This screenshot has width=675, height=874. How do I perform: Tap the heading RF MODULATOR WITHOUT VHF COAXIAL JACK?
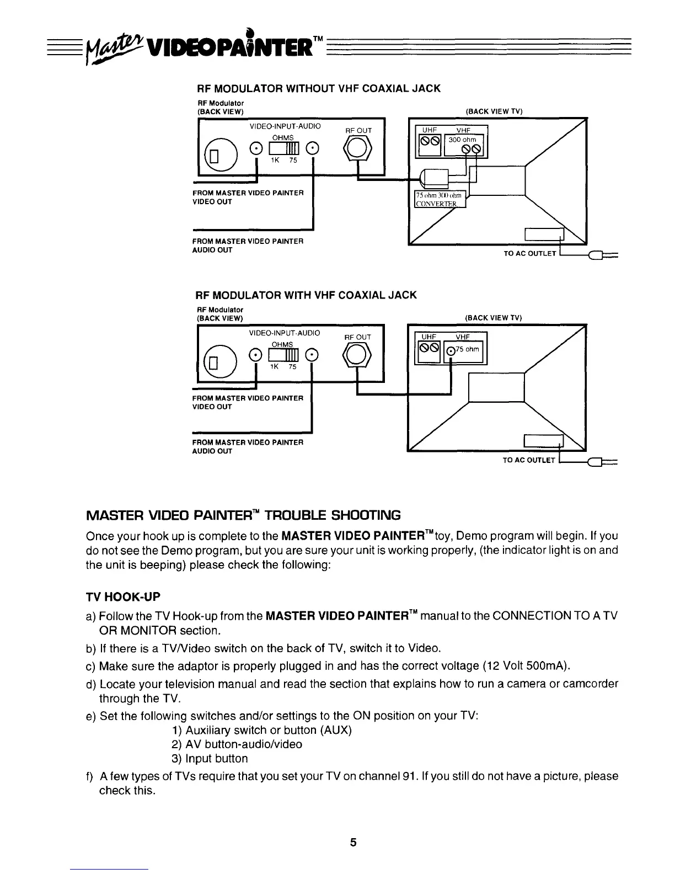click(319, 88)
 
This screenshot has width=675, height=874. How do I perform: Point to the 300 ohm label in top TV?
click(462, 140)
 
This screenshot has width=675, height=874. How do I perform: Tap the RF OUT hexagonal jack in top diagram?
click(358, 148)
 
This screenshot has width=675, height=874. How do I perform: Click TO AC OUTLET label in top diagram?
click(529, 254)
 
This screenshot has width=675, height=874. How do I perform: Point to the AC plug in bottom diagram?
click(597, 461)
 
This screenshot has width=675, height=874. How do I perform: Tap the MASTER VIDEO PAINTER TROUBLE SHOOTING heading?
click(243, 515)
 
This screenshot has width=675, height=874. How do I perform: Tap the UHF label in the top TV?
click(429, 130)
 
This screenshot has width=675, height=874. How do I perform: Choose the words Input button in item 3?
click(216, 759)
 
